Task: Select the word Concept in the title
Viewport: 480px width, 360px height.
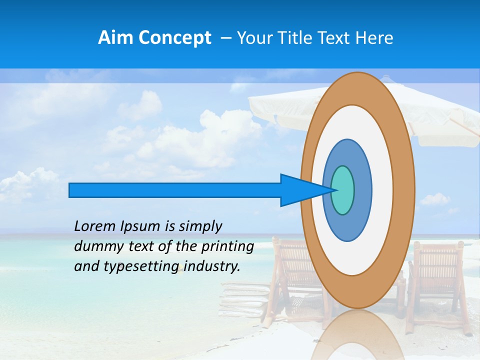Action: [175, 38]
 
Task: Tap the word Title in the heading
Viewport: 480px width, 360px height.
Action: [294, 38]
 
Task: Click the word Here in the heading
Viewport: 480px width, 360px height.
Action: [374, 38]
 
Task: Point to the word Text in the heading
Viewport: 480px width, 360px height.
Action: [334, 38]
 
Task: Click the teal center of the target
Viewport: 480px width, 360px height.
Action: [342, 190]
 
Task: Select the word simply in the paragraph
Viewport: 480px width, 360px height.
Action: [200, 227]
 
